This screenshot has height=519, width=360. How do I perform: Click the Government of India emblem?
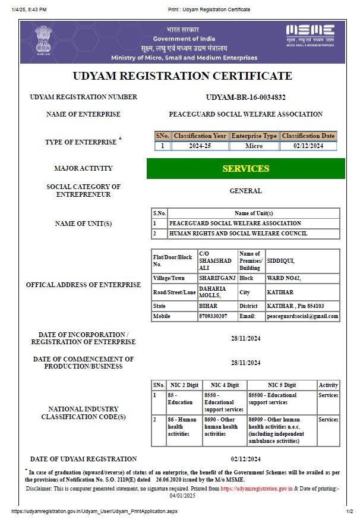coord(44,40)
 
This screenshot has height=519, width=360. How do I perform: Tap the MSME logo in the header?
coord(310,34)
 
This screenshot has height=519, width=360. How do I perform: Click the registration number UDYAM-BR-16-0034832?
coord(245,97)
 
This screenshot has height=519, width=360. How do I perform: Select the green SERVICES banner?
coord(245,168)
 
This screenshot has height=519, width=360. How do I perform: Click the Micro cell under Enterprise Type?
coord(254,146)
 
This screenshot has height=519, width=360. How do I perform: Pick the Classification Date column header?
coord(308,136)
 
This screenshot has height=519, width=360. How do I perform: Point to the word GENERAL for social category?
coord(245,191)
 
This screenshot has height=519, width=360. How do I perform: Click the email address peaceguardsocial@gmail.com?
coord(302,316)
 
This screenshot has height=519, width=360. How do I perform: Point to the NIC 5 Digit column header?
coord(281,385)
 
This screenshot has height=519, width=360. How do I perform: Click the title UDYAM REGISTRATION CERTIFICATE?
coord(182,76)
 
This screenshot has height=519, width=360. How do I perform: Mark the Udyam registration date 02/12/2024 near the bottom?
coord(245,459)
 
